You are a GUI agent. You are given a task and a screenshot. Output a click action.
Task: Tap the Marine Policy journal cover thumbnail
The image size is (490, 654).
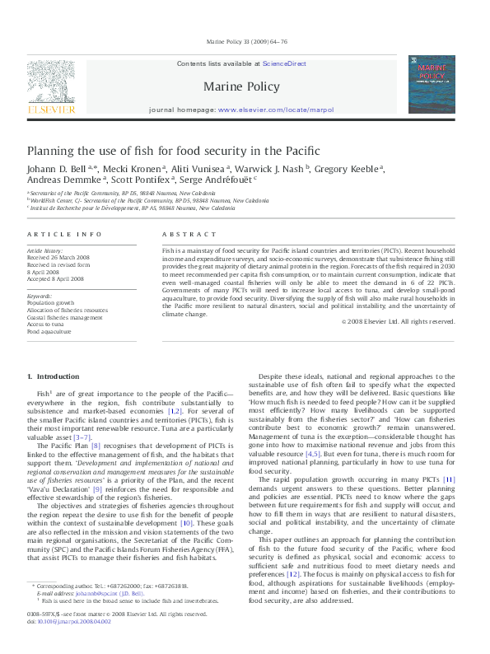[432, 84]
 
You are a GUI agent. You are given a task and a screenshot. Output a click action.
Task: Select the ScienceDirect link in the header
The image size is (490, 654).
[284, 63]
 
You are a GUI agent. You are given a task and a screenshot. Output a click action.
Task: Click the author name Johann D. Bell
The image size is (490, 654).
[53, 169]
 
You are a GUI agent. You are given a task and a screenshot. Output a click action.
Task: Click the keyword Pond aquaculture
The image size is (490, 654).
[49, 332]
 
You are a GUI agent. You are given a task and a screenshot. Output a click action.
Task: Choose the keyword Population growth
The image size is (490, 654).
[50, 302]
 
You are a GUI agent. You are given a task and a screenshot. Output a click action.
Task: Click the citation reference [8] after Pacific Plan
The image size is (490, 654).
[96, 446]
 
